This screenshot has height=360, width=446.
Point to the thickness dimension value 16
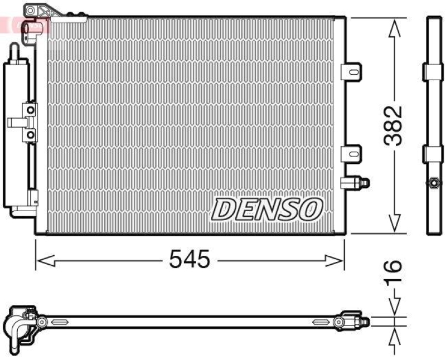(394, 273)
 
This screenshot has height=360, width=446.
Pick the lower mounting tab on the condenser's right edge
(351, 152)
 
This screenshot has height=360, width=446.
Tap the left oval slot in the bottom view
(58, 322)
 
